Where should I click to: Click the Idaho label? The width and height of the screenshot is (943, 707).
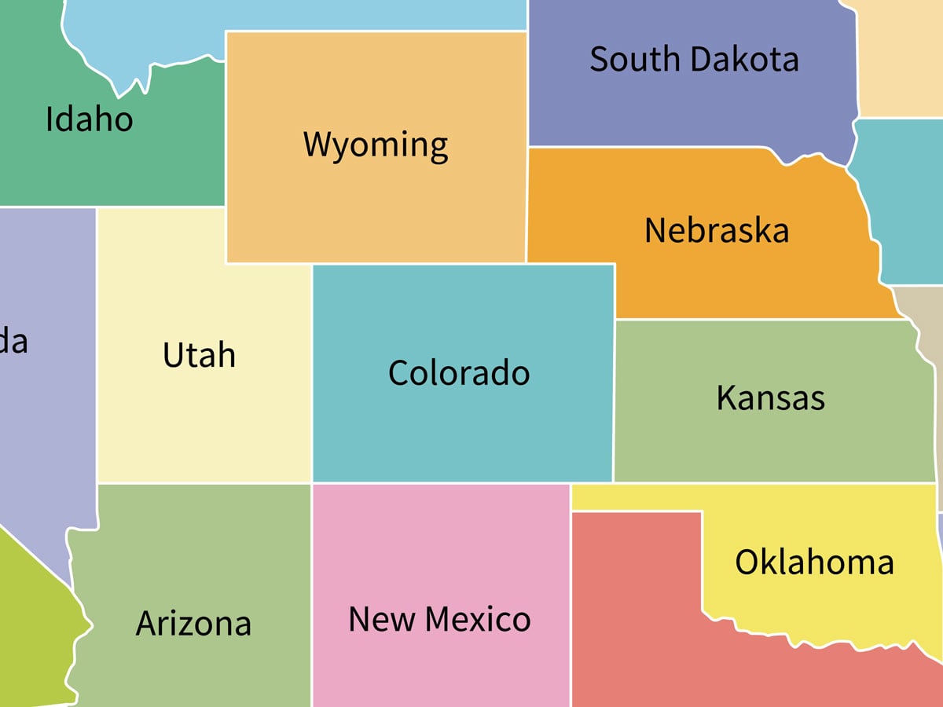tap(89, 119)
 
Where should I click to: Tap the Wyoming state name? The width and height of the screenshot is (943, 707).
tap(376, 145)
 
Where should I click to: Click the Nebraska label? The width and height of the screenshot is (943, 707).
tap(716, 231)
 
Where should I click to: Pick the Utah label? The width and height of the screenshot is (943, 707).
tap(199, 355)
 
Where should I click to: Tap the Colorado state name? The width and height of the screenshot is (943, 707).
tap(459, 372)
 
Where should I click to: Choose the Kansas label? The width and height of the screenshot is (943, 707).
tap(770, 398)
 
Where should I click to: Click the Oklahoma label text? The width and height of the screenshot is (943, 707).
tap(814, 562)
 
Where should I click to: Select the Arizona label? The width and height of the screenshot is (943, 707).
tap(193, 623)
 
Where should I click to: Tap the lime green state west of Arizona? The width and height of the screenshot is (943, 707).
tap(31, 621)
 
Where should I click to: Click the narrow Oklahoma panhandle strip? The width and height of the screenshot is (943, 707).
tap(637, 497)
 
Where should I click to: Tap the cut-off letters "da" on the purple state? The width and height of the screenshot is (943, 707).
tap(13, 342)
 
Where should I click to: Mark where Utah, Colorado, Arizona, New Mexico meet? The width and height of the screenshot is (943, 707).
tap(312, 483)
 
